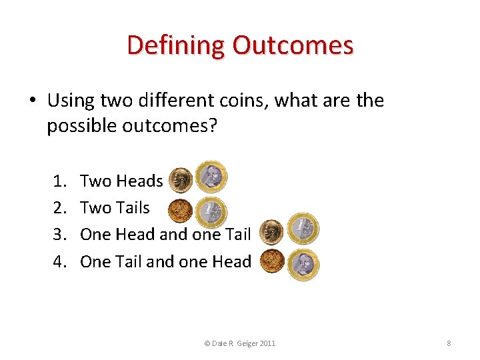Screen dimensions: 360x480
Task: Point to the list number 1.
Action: (x=58, y=181)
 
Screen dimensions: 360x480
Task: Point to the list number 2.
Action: (x=58, y=208)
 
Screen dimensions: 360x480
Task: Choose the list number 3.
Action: (x=58, y=235)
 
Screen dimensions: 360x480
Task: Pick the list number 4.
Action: (x=58, y=262)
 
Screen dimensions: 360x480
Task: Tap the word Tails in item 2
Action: (x=133, y=208)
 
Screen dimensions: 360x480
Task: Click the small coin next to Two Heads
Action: (x=179, y=179)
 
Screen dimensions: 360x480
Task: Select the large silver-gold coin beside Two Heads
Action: (x=212, y=176)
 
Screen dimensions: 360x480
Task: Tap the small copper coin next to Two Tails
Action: (x=179, y=211)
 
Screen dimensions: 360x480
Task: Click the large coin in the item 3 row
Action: (x=304, y=228)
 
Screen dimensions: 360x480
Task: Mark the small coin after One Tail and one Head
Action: (x=271, y=261)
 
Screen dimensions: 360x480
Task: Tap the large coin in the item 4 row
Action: (x=304, y=264)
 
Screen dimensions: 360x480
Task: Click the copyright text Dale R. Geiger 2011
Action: (x=241, y=343)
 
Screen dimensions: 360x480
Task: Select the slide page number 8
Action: (x=449, y=343)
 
